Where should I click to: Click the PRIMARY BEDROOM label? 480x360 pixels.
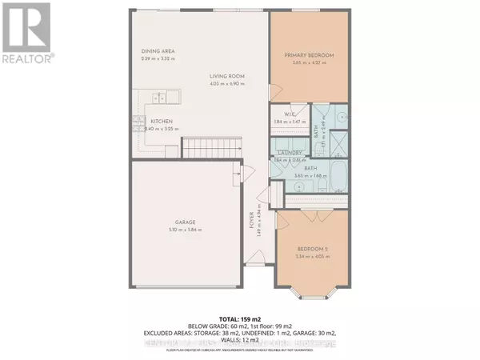pos(309,55)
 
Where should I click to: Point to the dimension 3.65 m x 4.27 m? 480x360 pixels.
pos(309,63)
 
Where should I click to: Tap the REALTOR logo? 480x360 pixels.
pos(27,32)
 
